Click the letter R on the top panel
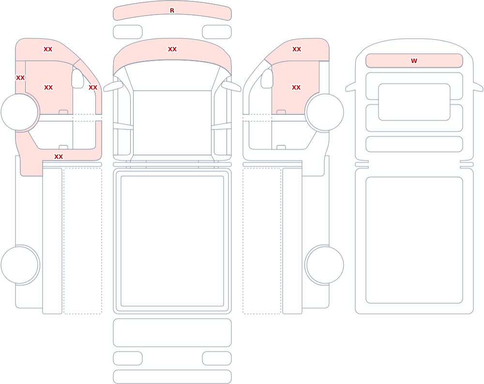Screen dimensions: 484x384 (x=172, y=11)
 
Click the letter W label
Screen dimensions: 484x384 (x=414, y=61)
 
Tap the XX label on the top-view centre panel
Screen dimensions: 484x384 (x=172, y=49)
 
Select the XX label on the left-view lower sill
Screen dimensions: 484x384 (x=59, y=156)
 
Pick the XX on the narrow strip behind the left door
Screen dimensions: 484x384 (x=20, y=77)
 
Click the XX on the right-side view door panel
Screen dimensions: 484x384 (x=296, y=88)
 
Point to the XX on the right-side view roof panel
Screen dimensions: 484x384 (x=297, y=49)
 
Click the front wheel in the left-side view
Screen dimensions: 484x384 (x=19, y=112)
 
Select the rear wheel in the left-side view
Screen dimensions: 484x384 (x=19, y=265)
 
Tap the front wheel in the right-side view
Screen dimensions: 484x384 (x=325, y=112)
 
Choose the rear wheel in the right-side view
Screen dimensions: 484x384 (x=325, y=265)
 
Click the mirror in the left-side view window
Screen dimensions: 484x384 (x=77, y=78)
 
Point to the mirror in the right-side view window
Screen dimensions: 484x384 (x=267, y=78)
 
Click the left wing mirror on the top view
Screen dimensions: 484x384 (x=113, y=87)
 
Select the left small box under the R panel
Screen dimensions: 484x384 (x=128, y=32)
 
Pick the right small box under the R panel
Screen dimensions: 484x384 (x=217, y=32)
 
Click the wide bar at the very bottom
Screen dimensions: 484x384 (x=172, y=377)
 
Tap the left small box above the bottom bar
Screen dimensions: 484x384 (x=128, y=358)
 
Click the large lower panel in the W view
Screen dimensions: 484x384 (x=414, y=240)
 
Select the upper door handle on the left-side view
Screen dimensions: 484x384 (x=63, y=112)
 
